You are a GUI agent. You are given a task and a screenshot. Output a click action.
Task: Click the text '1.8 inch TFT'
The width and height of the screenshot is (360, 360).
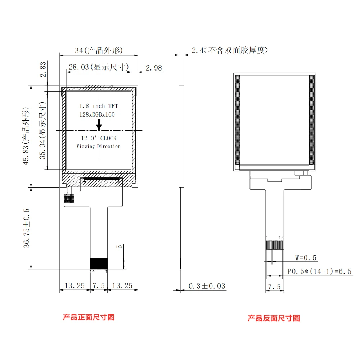98,106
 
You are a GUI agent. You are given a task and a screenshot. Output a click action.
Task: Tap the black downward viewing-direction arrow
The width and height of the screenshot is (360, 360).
99,125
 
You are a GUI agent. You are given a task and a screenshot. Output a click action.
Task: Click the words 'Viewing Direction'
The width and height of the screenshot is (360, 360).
99,146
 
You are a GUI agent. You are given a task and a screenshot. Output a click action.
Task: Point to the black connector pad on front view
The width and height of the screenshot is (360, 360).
99,263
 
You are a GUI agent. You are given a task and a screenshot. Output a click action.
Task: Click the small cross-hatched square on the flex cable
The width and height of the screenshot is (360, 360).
69,198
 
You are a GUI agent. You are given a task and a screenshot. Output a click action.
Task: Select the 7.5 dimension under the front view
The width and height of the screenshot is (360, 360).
98,286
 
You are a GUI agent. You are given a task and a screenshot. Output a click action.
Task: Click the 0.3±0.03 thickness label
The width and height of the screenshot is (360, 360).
207,286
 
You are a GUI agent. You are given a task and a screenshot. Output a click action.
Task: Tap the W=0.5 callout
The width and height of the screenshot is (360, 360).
306,257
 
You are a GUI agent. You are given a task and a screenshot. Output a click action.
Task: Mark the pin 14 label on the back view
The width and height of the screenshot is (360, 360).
281,238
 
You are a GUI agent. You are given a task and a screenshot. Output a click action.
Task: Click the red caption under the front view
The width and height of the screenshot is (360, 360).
89,317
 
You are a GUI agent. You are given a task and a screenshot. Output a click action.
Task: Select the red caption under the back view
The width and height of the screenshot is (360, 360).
274,318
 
